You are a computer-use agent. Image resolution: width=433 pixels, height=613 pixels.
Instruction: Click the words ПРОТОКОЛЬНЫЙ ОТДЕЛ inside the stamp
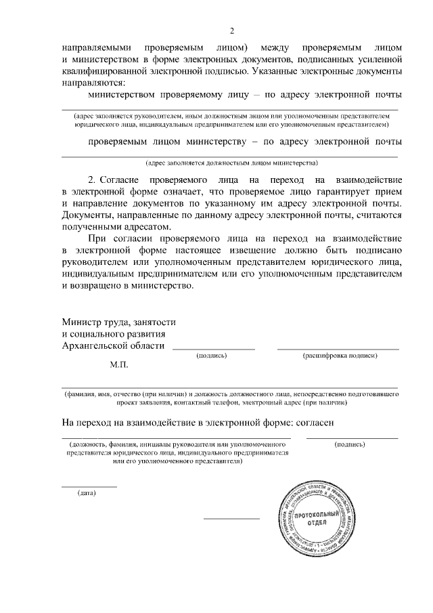[311, 520]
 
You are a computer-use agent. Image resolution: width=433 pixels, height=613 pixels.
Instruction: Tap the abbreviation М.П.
[118, 364]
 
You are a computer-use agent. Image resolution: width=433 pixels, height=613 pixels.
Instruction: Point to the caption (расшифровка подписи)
[339, 355]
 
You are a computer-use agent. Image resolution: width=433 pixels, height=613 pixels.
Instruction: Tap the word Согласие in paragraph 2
[120, 180]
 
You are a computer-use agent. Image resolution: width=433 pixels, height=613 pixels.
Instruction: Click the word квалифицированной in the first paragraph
[118, 71]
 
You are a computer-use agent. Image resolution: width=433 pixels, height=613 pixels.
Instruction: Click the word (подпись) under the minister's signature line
[211, 355]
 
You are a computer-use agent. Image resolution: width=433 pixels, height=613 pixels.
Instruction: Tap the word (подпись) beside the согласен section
[350, 444]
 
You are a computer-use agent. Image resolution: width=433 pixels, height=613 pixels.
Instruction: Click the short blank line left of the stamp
[231, 519]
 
